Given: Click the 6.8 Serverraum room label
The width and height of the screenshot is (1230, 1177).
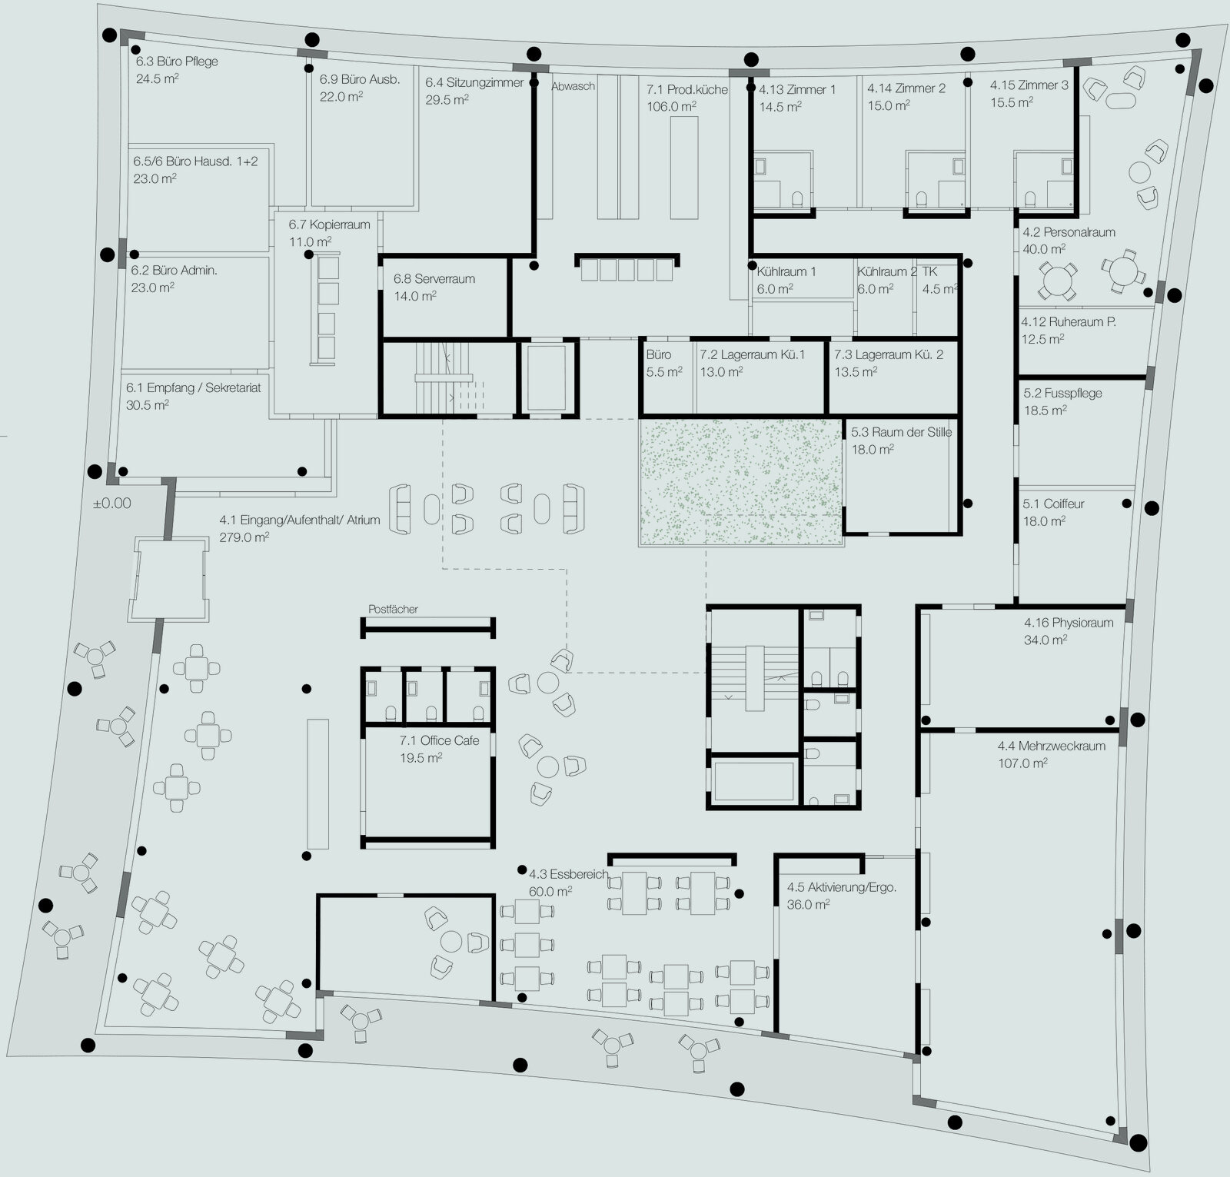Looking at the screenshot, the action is click(434, 279).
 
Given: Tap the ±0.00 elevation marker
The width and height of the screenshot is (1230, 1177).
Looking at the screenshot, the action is click(111, 504).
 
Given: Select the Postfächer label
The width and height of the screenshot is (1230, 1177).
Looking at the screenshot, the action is click(393, 609).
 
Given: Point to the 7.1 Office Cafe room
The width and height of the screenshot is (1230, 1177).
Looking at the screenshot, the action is click(428, 784).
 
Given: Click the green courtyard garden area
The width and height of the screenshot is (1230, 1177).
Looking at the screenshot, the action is click(741, 482).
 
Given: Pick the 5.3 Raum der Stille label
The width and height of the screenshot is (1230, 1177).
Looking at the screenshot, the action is click(901, 432).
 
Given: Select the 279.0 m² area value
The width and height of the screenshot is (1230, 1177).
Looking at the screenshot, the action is click(244, 537).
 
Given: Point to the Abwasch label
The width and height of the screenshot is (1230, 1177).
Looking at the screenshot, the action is click(573, 86).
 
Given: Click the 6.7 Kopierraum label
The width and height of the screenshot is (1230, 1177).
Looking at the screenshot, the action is click(330, 224).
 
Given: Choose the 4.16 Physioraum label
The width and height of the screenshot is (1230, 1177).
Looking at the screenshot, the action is click(1069, 623).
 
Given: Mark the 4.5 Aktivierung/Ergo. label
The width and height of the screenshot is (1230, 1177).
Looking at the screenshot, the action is click(842, 887).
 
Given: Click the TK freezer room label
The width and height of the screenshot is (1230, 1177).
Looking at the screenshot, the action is click(929, 271).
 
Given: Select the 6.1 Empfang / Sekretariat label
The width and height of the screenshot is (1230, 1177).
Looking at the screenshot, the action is click(194, 388).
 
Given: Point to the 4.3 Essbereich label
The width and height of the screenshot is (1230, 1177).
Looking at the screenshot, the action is click(569, 874).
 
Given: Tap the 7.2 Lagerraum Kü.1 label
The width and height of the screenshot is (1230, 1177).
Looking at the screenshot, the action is click(752, 354).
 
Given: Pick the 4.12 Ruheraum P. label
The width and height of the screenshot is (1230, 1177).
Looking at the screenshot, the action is click(1069, 322).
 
